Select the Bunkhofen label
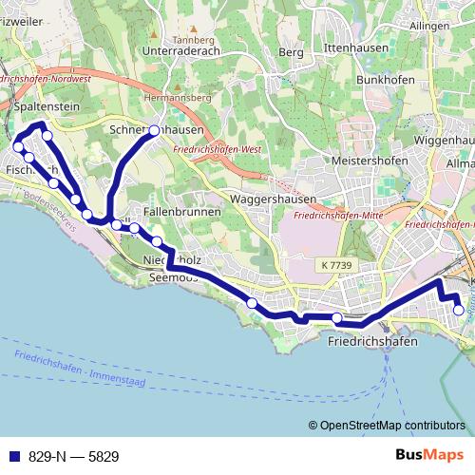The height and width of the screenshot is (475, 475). (x=385, y=80)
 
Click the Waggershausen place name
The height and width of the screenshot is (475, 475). (x=273, y=199)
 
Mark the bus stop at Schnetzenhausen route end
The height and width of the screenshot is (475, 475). (x=154, y=130)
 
